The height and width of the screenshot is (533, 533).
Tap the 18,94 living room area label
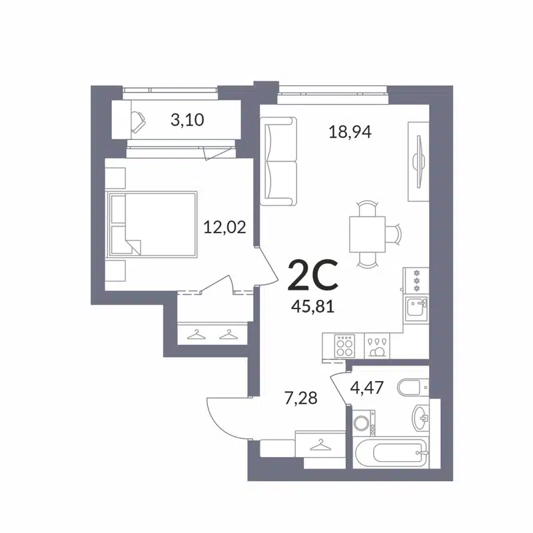(x=349, y=131)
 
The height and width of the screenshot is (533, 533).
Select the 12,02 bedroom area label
(x=225, y=228)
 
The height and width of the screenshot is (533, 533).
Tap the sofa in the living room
(x=278, y=161)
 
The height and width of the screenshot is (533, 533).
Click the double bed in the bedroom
(x=153, y=225)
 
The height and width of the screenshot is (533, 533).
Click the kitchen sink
(x=417, y=308)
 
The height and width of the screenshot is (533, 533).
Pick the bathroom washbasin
(x=420, y=418)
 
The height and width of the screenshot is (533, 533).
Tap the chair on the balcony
(x=141, y=121)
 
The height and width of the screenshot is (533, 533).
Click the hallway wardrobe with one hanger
(x=320, y=443)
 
